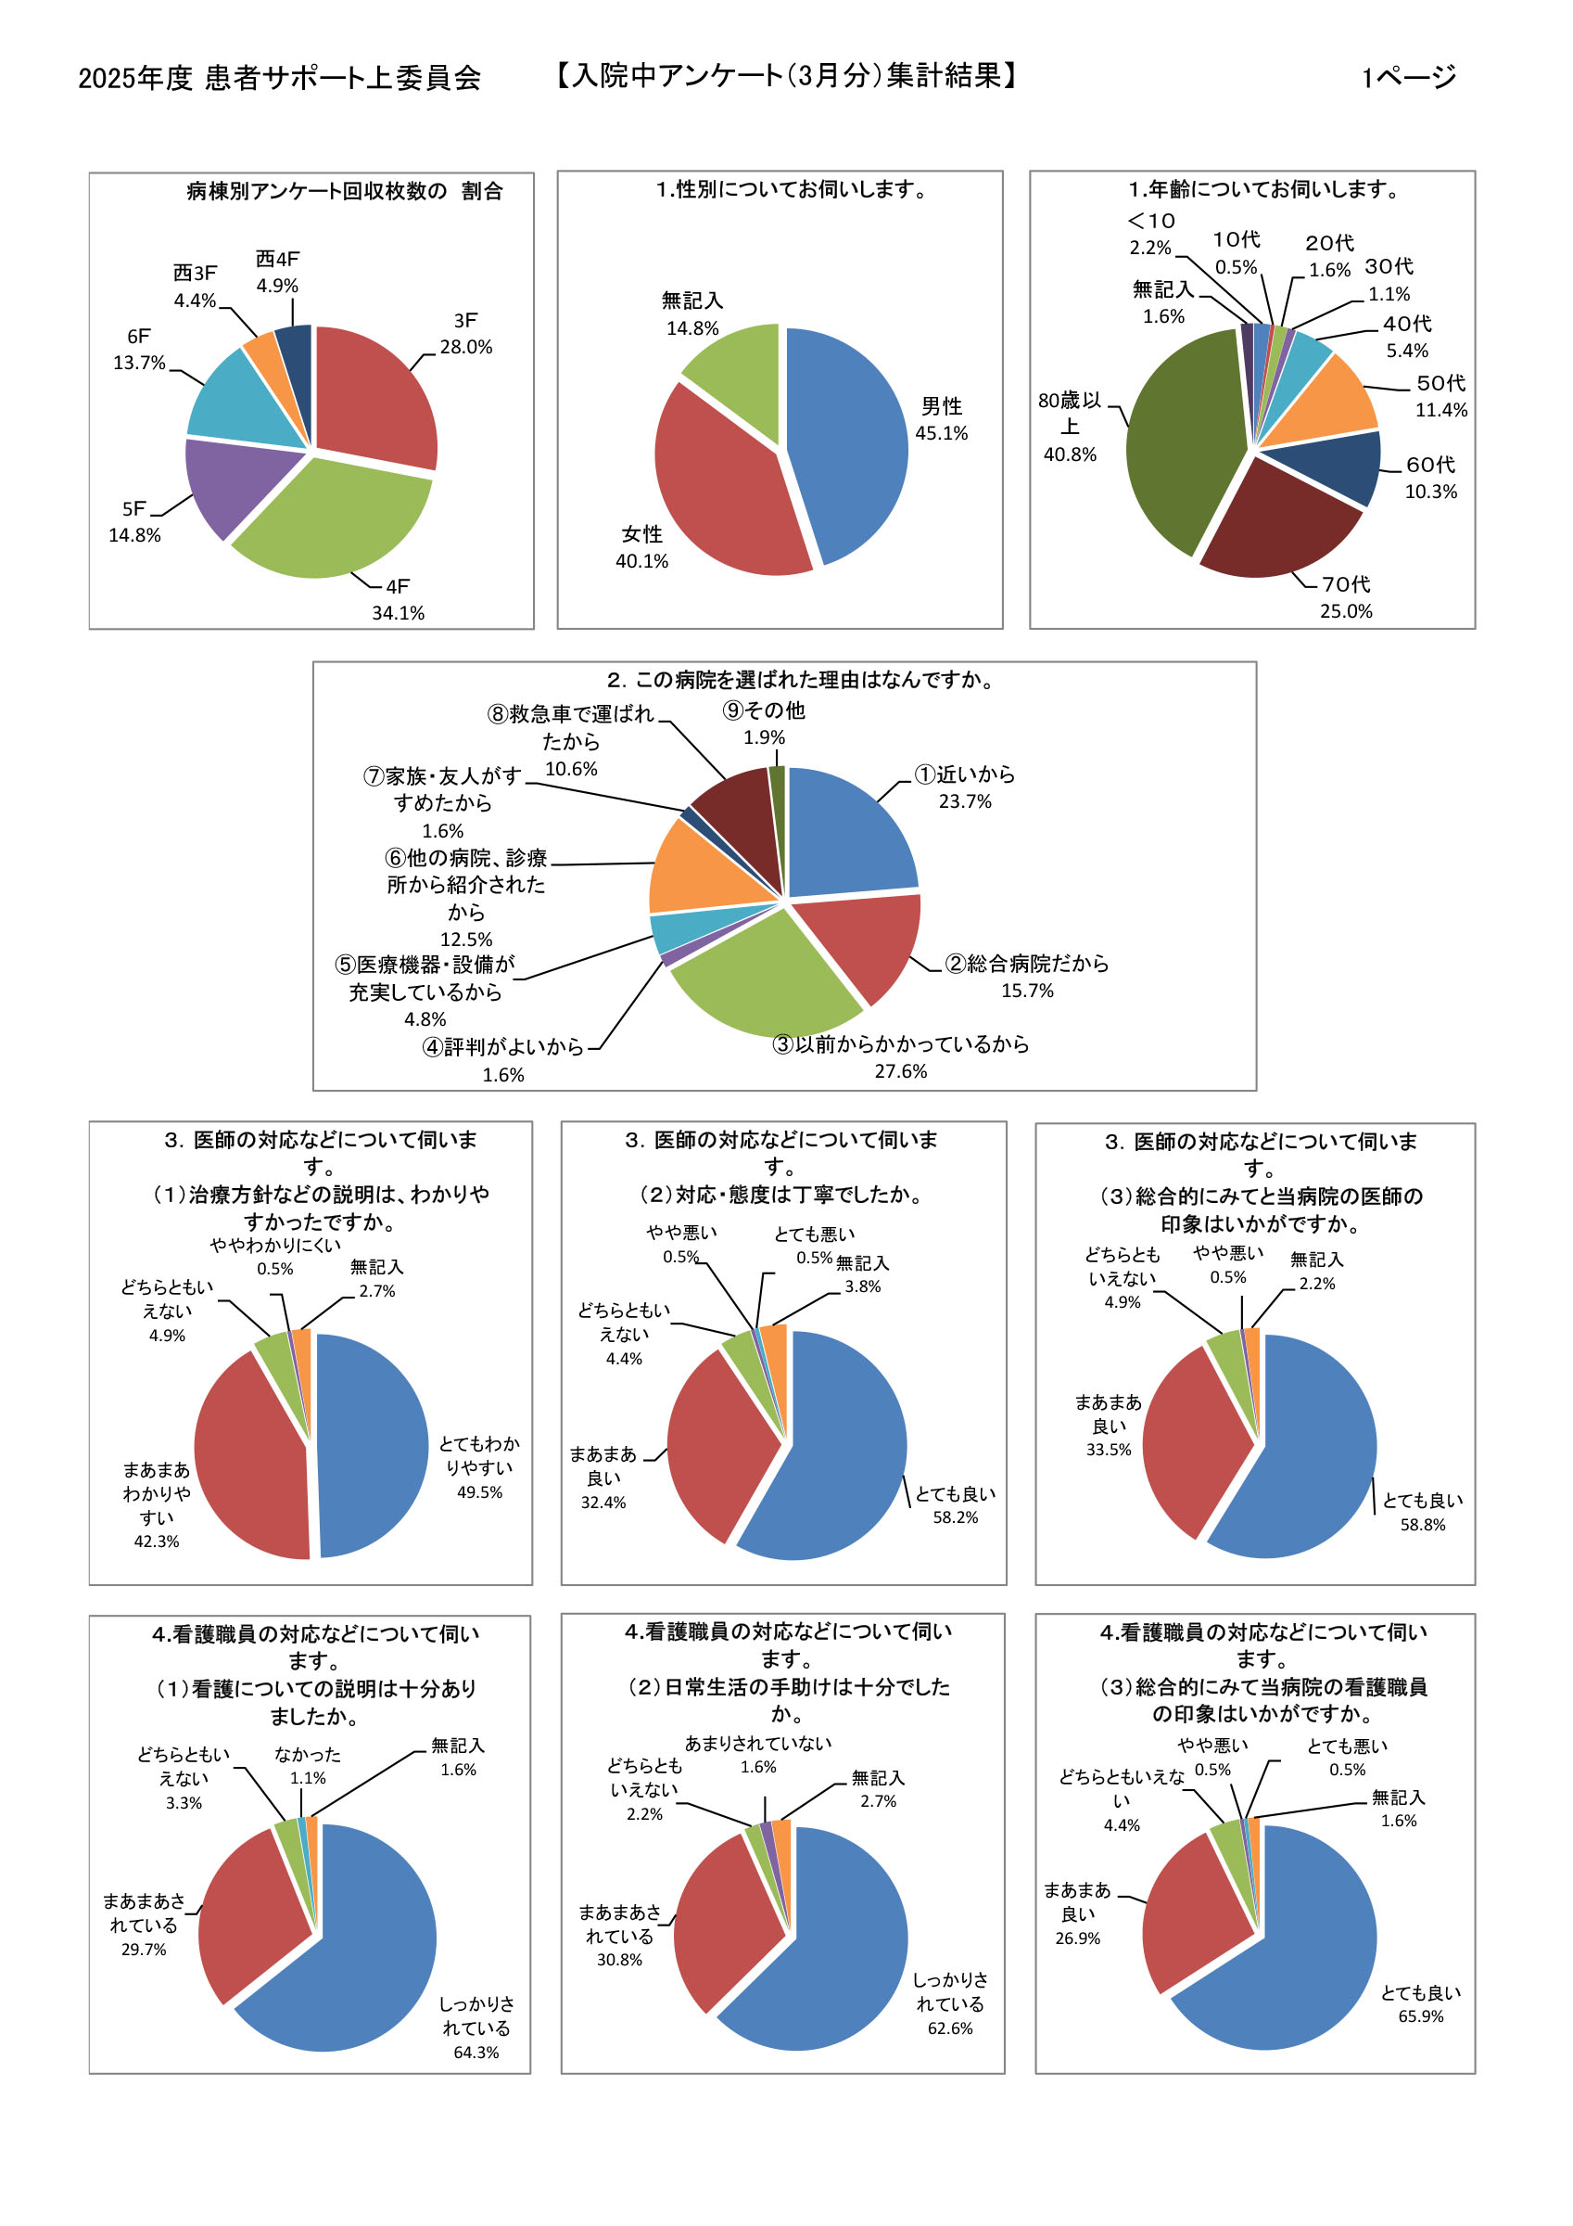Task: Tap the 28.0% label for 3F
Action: click(465, 347)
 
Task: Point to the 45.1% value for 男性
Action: click(941, 433)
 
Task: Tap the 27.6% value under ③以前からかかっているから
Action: click(900, 1071)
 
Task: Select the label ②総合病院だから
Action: click(1026, 964)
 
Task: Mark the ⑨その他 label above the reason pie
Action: click(764, 710)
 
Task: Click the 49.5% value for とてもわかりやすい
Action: click(480, 1492)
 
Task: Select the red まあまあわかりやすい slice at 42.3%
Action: click(252, 1454)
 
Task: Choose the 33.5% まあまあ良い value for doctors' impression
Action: click(1108, 1450)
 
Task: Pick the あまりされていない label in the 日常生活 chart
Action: click(758, 1743)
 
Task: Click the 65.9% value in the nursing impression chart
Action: click(1420, 2016)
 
